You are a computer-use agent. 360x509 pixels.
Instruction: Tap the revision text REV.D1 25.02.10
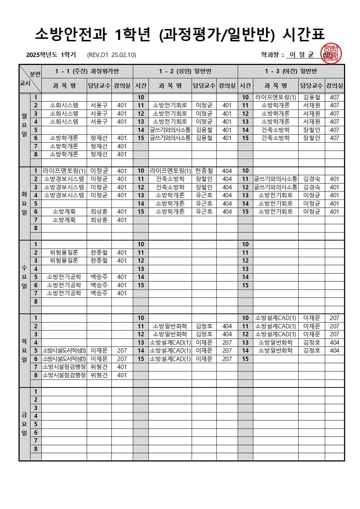click(111, 55)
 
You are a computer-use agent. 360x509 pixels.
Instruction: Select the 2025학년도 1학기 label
click(51, 55)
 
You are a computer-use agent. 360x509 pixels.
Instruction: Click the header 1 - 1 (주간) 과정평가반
click(87, 71)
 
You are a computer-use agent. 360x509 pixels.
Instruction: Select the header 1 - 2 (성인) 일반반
click(185, 71)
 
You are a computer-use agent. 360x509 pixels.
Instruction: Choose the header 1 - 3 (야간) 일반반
click(291, 71)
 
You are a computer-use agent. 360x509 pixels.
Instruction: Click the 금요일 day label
click(24, 424)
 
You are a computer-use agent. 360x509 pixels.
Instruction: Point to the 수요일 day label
click(24, 277)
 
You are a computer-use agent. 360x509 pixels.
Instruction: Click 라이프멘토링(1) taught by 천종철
click(170, 171)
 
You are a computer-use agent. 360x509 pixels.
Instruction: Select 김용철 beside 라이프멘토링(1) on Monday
click(311, 97)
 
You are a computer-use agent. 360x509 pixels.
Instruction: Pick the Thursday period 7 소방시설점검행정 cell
click(64, 367)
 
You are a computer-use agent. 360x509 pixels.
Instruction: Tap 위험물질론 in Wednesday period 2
click(64, 253)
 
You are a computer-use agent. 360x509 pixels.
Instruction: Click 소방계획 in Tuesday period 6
click(64, 212)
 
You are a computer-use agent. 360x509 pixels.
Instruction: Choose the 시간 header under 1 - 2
click(141, 86)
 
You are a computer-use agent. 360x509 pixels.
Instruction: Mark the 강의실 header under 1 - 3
click(334, 86)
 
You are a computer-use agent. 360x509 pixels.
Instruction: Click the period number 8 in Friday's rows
click(36, 449)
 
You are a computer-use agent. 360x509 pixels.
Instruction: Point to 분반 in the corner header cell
click(35, 74)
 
